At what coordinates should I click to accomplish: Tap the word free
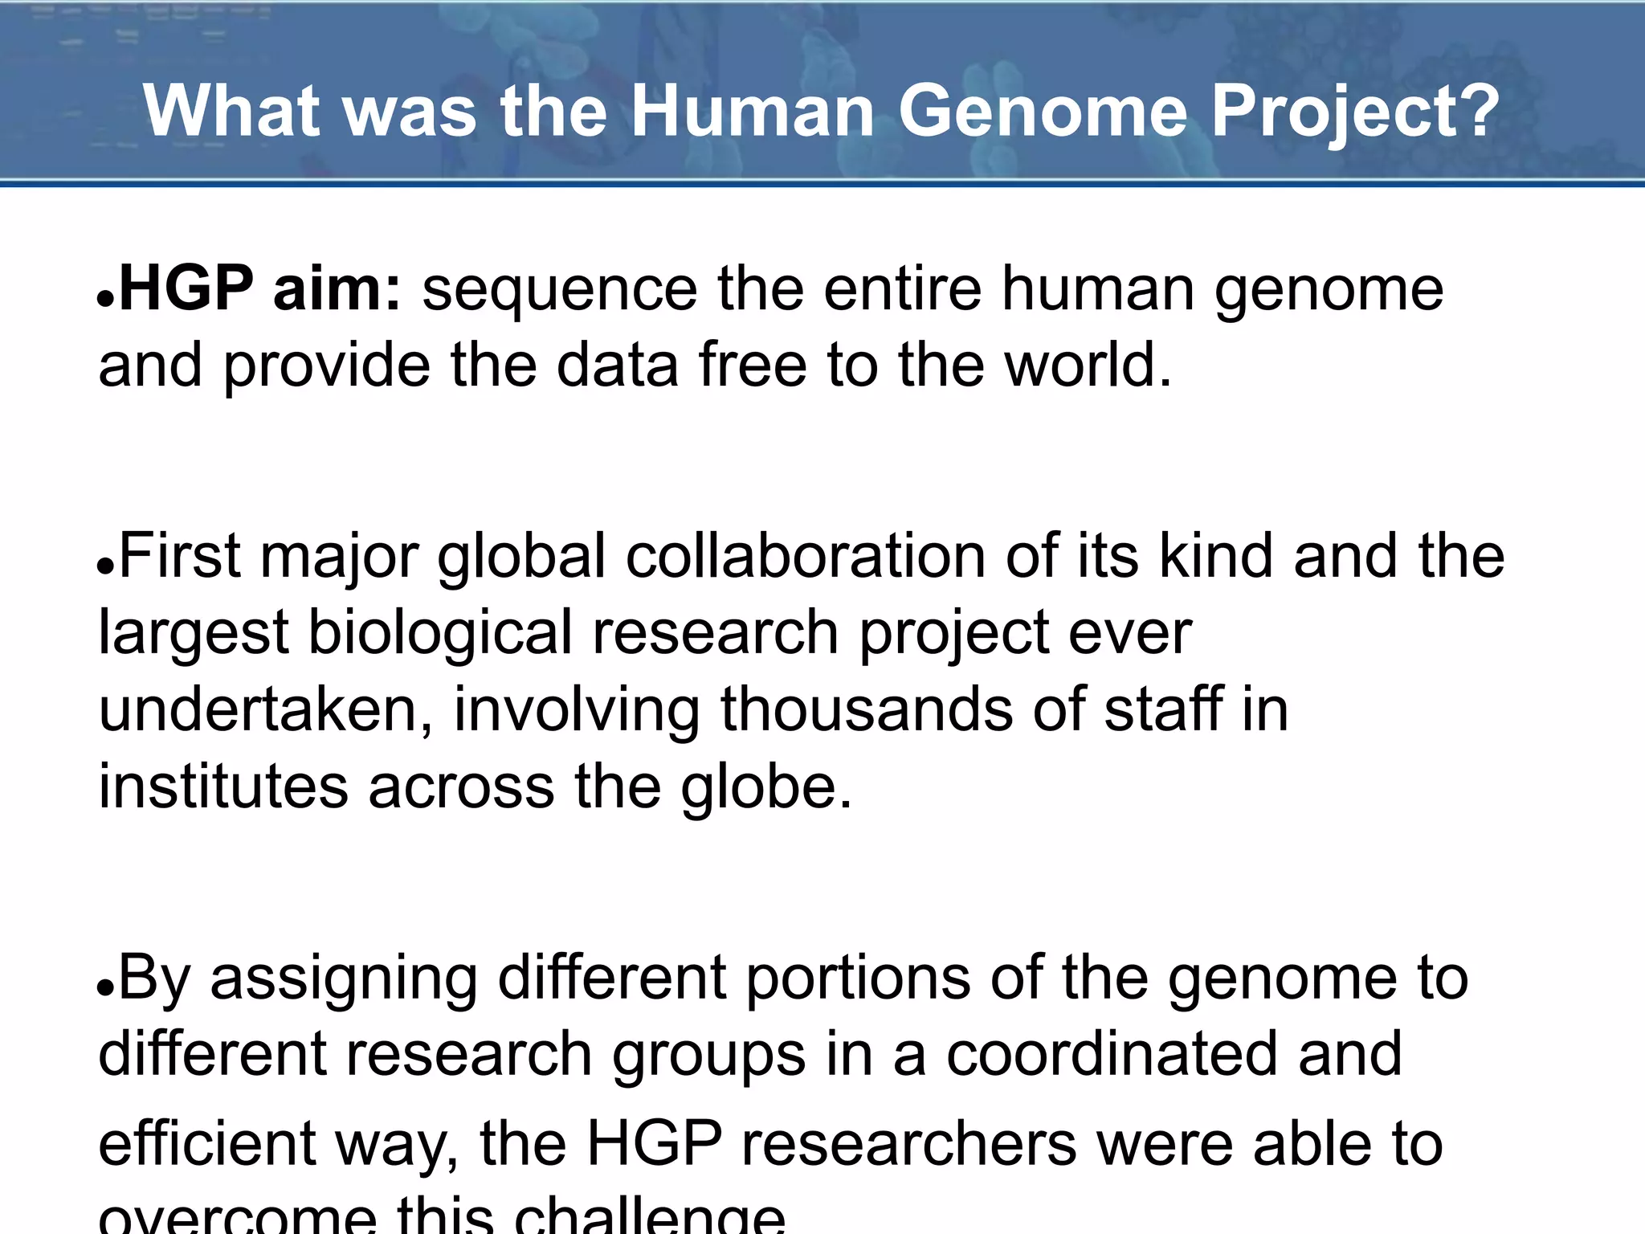[753, 366]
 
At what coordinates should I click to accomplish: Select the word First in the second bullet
[179, 556]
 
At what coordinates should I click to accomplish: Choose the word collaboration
[806, 556]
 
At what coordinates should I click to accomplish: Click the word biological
[440, 633]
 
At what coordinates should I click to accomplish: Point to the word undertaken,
[266, 709]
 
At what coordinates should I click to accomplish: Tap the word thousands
[867, 709]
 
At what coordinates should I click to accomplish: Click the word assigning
[344, 978]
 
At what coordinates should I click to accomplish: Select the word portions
[858, 978]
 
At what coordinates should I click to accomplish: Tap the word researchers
[908, 1144]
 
